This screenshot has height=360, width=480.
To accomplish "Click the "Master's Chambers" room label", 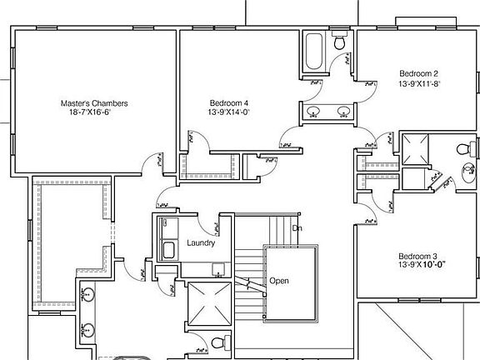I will [94, 104].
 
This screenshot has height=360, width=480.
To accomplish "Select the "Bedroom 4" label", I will [229, 102].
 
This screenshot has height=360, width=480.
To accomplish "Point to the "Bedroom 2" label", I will [418, 73].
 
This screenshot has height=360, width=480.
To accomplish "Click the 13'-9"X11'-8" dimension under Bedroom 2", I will [418, 83].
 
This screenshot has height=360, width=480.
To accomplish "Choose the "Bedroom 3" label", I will [417, 256].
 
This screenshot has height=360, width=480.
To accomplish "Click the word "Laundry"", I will [202, 243].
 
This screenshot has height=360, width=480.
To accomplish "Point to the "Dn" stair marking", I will [296, 227].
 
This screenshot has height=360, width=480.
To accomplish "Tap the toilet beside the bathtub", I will [340, 42].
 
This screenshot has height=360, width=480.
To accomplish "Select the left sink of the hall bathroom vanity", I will [316, 111].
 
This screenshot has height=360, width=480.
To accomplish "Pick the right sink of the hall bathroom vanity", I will [342, 111].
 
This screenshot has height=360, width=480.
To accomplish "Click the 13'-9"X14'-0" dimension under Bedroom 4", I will [229, 112].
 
